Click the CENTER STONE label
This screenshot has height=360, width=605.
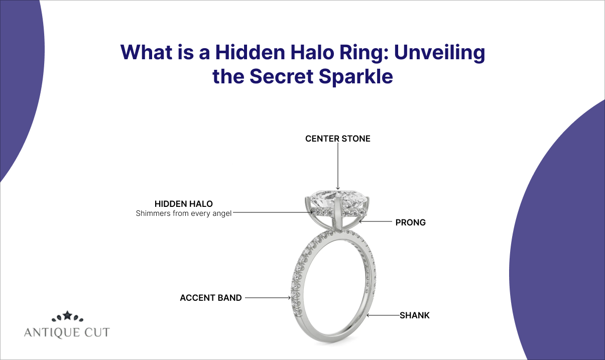point(337,139)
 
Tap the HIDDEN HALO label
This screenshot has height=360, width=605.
point(183,204)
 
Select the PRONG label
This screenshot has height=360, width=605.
point(410,222)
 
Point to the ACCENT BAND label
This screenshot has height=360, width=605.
point(211,298)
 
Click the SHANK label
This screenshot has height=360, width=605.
point(414,316)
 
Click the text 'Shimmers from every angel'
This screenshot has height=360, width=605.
point(184,213)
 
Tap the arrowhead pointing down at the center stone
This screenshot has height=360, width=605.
point(337,187)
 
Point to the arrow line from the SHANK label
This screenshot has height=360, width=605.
point(384,316)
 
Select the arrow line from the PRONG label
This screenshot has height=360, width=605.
point(377,221)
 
